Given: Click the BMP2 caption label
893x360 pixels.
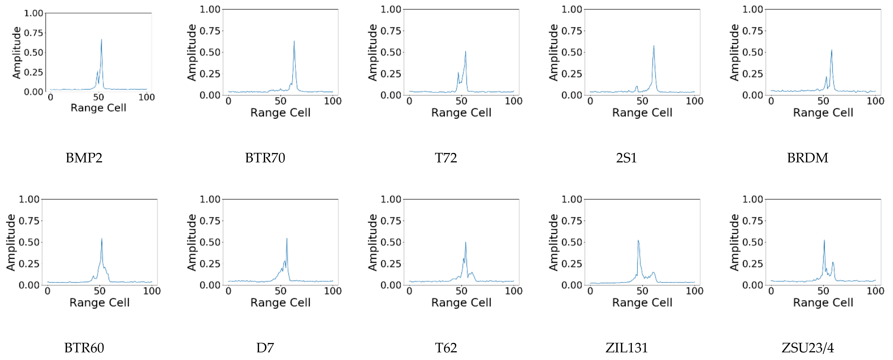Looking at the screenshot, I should (84, 158).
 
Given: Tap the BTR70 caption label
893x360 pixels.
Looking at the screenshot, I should (265, 158).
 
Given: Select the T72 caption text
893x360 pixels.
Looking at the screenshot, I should (446, 158).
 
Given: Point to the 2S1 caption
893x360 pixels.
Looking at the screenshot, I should (626, 158).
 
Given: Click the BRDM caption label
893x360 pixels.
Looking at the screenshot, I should (807, 158).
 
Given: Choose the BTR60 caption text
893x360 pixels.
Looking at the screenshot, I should (84, 348).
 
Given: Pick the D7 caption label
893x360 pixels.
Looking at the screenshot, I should (265, 348).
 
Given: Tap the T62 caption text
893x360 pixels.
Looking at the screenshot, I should (446, 348).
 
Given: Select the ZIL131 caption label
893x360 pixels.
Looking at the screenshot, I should (626, 348).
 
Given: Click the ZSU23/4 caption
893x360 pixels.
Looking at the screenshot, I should (807, 348).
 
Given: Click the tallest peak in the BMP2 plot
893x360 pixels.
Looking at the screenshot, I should (102, 39).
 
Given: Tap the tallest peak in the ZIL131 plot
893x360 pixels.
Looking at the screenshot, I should (638, 241).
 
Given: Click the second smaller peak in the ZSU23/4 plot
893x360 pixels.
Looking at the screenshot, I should (833, 263).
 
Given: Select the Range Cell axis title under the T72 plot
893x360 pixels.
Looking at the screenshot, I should (461, 113).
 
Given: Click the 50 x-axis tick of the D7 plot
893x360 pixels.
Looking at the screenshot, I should (280, 291).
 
